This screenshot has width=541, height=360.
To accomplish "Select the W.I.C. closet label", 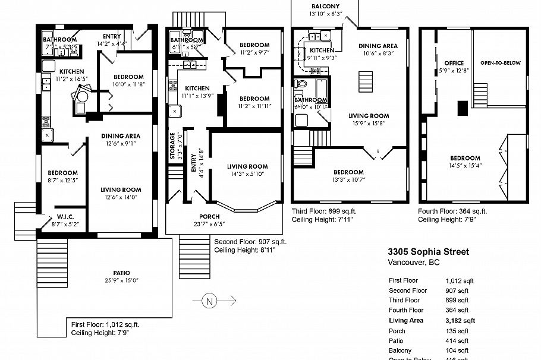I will click(64, 216).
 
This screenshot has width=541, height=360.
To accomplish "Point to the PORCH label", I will click(209, 216).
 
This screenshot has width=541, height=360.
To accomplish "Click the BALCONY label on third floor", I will click(325, 7).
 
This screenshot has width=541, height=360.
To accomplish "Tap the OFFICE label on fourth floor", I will click(454, 63).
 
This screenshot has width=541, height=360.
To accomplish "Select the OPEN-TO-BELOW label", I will click(497, 62).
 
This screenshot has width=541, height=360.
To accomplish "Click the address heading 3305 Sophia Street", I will click(428, 252).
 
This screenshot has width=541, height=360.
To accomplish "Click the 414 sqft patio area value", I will click(457, 341).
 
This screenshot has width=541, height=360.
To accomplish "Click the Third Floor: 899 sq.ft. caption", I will click(323, 211).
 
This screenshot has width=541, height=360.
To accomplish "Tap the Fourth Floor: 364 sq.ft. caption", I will click(452, 211).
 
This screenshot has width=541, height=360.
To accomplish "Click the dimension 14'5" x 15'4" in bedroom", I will click(464, 165).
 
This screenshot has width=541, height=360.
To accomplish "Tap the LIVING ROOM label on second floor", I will click(247, 166).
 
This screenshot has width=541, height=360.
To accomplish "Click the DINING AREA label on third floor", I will click(378, 46).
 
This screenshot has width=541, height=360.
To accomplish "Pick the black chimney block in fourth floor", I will click(461, 108).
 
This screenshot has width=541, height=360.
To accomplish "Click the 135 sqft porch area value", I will click(457, 331).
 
